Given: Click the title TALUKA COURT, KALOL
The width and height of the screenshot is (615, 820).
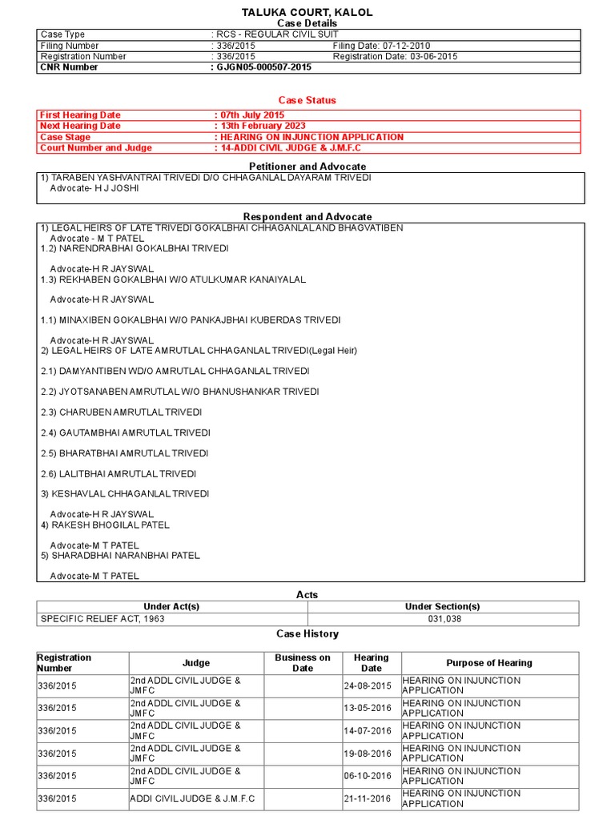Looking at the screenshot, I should (307, 13).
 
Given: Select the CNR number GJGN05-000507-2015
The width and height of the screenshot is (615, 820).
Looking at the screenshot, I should (263, 67).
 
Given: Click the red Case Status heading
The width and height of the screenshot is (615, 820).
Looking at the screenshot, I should (307, 100).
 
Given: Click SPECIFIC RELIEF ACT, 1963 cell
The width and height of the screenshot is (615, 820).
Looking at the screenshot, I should (98, 619).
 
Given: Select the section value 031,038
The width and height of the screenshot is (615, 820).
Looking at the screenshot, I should (443, 619).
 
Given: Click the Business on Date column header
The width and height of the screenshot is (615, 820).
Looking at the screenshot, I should (303, 663).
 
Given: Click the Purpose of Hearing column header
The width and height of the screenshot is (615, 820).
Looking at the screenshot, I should (489, 663).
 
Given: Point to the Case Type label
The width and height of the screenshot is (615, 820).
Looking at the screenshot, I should (62, 34).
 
